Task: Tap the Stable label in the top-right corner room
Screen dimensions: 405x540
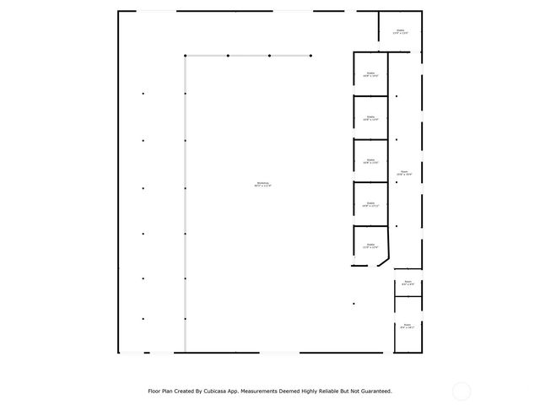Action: (400, 32)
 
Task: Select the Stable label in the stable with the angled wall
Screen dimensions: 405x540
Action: (370, 247)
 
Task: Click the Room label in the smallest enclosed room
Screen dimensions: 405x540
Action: (408, 283)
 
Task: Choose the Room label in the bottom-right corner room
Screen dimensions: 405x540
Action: (407, 326)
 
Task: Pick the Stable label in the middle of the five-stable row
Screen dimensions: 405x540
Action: (370, 161)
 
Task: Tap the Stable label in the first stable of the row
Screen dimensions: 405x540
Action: (370, 75)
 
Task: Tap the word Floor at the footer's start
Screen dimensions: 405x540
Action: (154, 391)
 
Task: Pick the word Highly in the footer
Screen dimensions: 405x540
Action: (301, 391)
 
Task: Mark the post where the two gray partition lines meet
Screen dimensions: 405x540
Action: (186, 57)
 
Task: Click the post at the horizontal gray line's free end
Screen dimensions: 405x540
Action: (311, 57)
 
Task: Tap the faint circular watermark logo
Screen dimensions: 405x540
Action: (462, 391)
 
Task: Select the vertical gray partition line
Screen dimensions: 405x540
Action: (186, 211)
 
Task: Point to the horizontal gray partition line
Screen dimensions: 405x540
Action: (249, 57)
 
